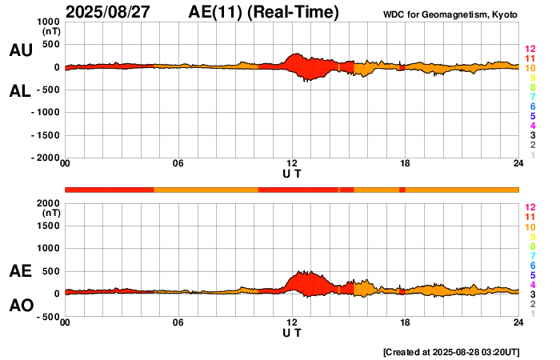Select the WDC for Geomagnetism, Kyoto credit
450,15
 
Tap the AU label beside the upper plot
21,50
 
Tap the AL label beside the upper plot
21,91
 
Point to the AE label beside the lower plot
21,271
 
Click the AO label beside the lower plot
21,306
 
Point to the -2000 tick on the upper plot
45,158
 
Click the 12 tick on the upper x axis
292,164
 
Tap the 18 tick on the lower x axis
406,322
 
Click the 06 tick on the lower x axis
178,322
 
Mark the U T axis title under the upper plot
292,174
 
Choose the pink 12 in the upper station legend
530,50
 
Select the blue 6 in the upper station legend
532,107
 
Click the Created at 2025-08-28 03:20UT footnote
451,352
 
